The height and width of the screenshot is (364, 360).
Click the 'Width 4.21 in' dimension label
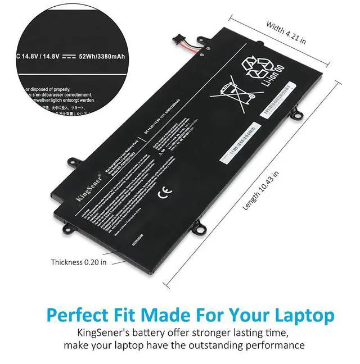286,33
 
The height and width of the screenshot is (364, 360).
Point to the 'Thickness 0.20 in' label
79,262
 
